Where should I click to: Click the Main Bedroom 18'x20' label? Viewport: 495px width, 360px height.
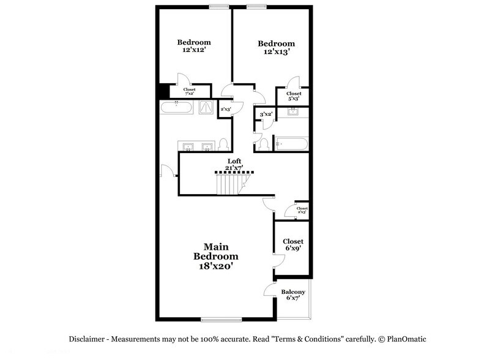(x=215, y=255)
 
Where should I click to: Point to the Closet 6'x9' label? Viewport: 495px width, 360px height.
(x=293, y=245)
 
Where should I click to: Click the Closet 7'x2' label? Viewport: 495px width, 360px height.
(x=190, y=91)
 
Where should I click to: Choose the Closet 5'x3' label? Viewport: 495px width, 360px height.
(x=293, y=96)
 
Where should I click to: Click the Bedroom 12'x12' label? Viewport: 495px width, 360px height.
(x=194, y=46)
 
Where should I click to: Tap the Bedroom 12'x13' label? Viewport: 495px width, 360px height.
(x=276, y=47)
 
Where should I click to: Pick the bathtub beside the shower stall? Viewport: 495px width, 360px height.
(x=177, y=108)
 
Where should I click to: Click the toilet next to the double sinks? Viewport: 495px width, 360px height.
(x=223, y=145)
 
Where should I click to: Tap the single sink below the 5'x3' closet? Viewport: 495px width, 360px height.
(x=292, y=112)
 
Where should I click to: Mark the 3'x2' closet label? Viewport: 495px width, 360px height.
(x=266, y=114)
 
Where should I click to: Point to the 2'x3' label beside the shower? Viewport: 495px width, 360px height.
(x=226, y=110)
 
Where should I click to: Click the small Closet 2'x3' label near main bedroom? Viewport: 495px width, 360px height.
(x=302, y=210)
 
